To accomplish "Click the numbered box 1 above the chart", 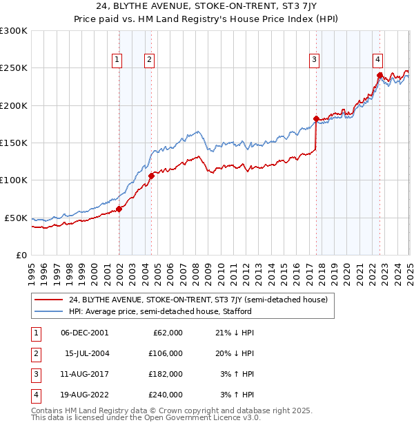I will [x=117, y=60].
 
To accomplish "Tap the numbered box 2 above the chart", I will [x=149, y=60].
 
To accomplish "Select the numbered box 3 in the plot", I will [x=314, y=60].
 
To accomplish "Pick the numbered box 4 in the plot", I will [x=378, y=60].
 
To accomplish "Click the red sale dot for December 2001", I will [x=119, y=209].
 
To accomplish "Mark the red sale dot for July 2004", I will [x=151, y=176].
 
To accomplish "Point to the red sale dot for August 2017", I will [x=316, y=119].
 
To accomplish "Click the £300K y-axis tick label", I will [x=14, y=31].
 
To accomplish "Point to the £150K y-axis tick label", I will [x=14, y=143].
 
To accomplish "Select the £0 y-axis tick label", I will [x=21, y=255].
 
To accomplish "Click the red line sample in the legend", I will [x=48, y=300].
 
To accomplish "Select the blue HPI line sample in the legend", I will [x=48, y=311].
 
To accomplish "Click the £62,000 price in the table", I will [x=168, y=333].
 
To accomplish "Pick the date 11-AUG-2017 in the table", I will [x=85, y=374].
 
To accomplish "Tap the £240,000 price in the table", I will [x=166, y=395].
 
